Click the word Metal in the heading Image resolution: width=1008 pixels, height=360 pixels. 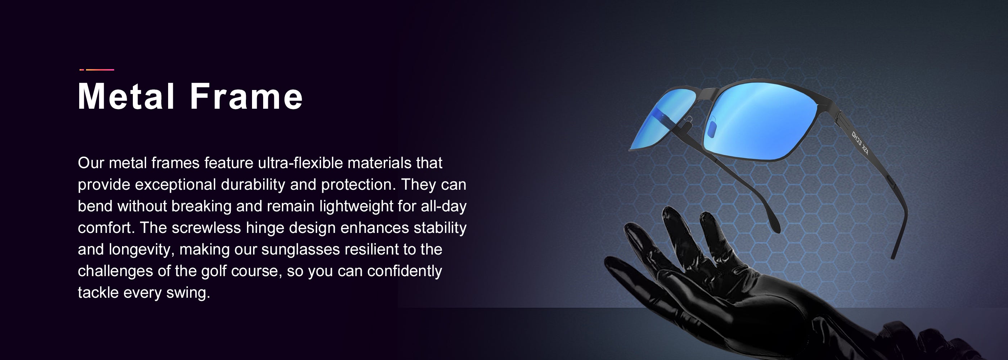tap(126, 96)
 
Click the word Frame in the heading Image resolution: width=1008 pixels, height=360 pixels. tap(246, 96)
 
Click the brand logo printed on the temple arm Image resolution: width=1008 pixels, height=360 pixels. tap(860, 143)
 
